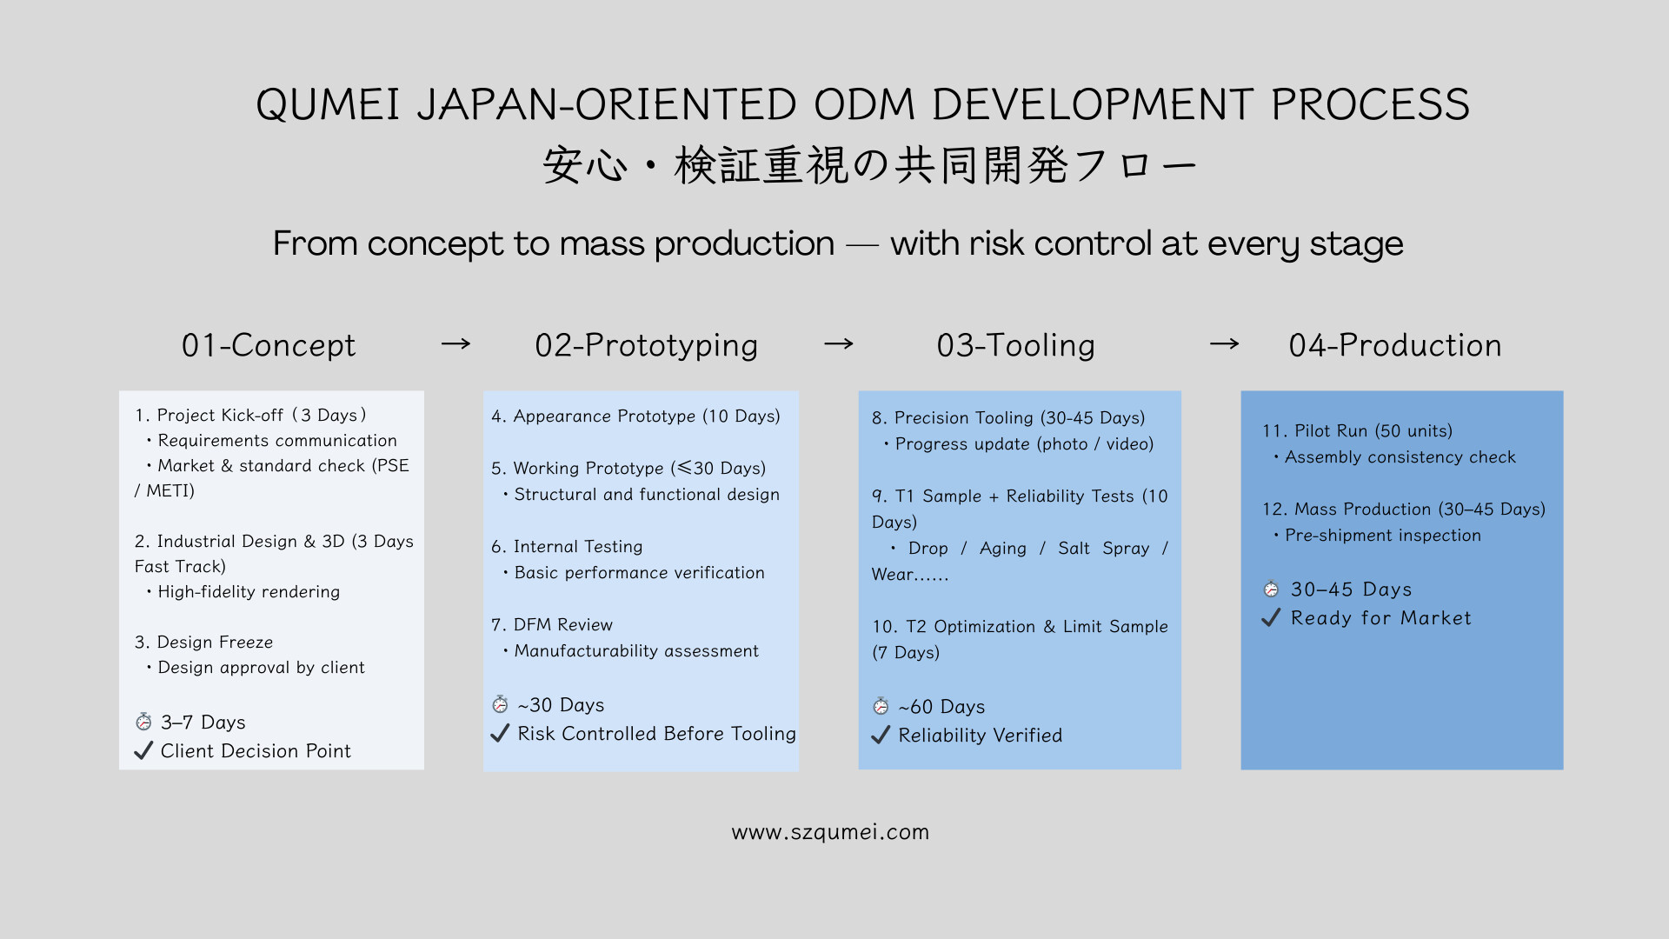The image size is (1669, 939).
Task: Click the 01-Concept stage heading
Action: tap(269, 345)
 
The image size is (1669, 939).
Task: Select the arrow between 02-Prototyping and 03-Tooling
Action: tap(838, 344)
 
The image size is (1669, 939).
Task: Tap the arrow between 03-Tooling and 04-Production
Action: tap(1224, 344)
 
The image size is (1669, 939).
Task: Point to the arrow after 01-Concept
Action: tap(455, 344)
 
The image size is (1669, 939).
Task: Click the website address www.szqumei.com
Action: tap(830, 832)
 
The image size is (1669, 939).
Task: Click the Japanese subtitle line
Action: tap(869, 165)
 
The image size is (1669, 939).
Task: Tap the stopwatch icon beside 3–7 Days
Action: tap(144, 722)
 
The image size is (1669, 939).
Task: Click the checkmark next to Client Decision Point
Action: tap(144, 750)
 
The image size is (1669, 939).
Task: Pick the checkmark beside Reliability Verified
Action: tap(881, 736)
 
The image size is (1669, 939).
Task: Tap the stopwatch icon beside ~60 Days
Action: tap(881, 706)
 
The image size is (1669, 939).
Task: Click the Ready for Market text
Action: tap(1380, 618)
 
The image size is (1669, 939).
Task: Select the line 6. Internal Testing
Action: tap(567, 547)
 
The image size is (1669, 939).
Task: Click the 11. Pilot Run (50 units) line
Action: tap(1357, 431)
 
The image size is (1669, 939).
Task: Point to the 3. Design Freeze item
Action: tap(203, 643)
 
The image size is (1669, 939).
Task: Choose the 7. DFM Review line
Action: tap(552, 625)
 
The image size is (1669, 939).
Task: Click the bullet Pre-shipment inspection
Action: tap(1382, 536)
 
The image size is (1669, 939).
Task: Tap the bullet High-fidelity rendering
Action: tap(248, 592)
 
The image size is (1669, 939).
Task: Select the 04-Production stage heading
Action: tap(1394, 345)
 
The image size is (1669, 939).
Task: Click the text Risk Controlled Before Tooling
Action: tap(656, 734)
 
